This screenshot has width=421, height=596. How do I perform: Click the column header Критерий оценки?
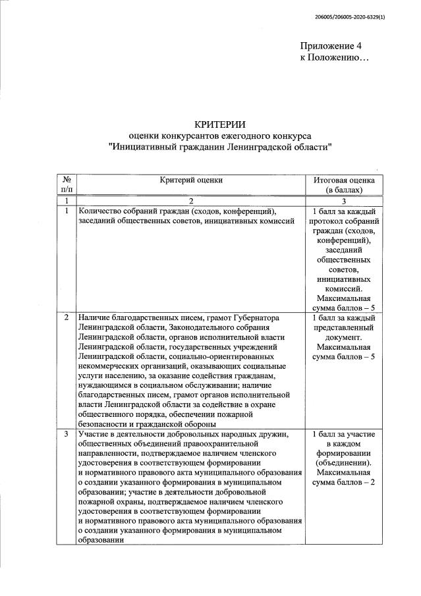pos(191,179)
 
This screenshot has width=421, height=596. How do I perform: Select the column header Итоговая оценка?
pos(343,179)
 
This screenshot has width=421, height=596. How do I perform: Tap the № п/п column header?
pos(66,184)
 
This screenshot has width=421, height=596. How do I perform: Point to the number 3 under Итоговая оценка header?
pos(343,200)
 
